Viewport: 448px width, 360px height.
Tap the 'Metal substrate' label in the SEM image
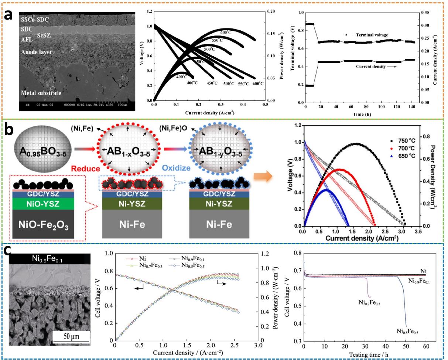41,93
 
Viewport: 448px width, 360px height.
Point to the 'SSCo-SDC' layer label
35,20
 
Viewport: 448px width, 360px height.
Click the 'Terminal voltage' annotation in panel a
370,35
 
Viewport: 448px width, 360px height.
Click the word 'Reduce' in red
88,169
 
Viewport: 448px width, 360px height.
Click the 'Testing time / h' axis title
365,355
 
